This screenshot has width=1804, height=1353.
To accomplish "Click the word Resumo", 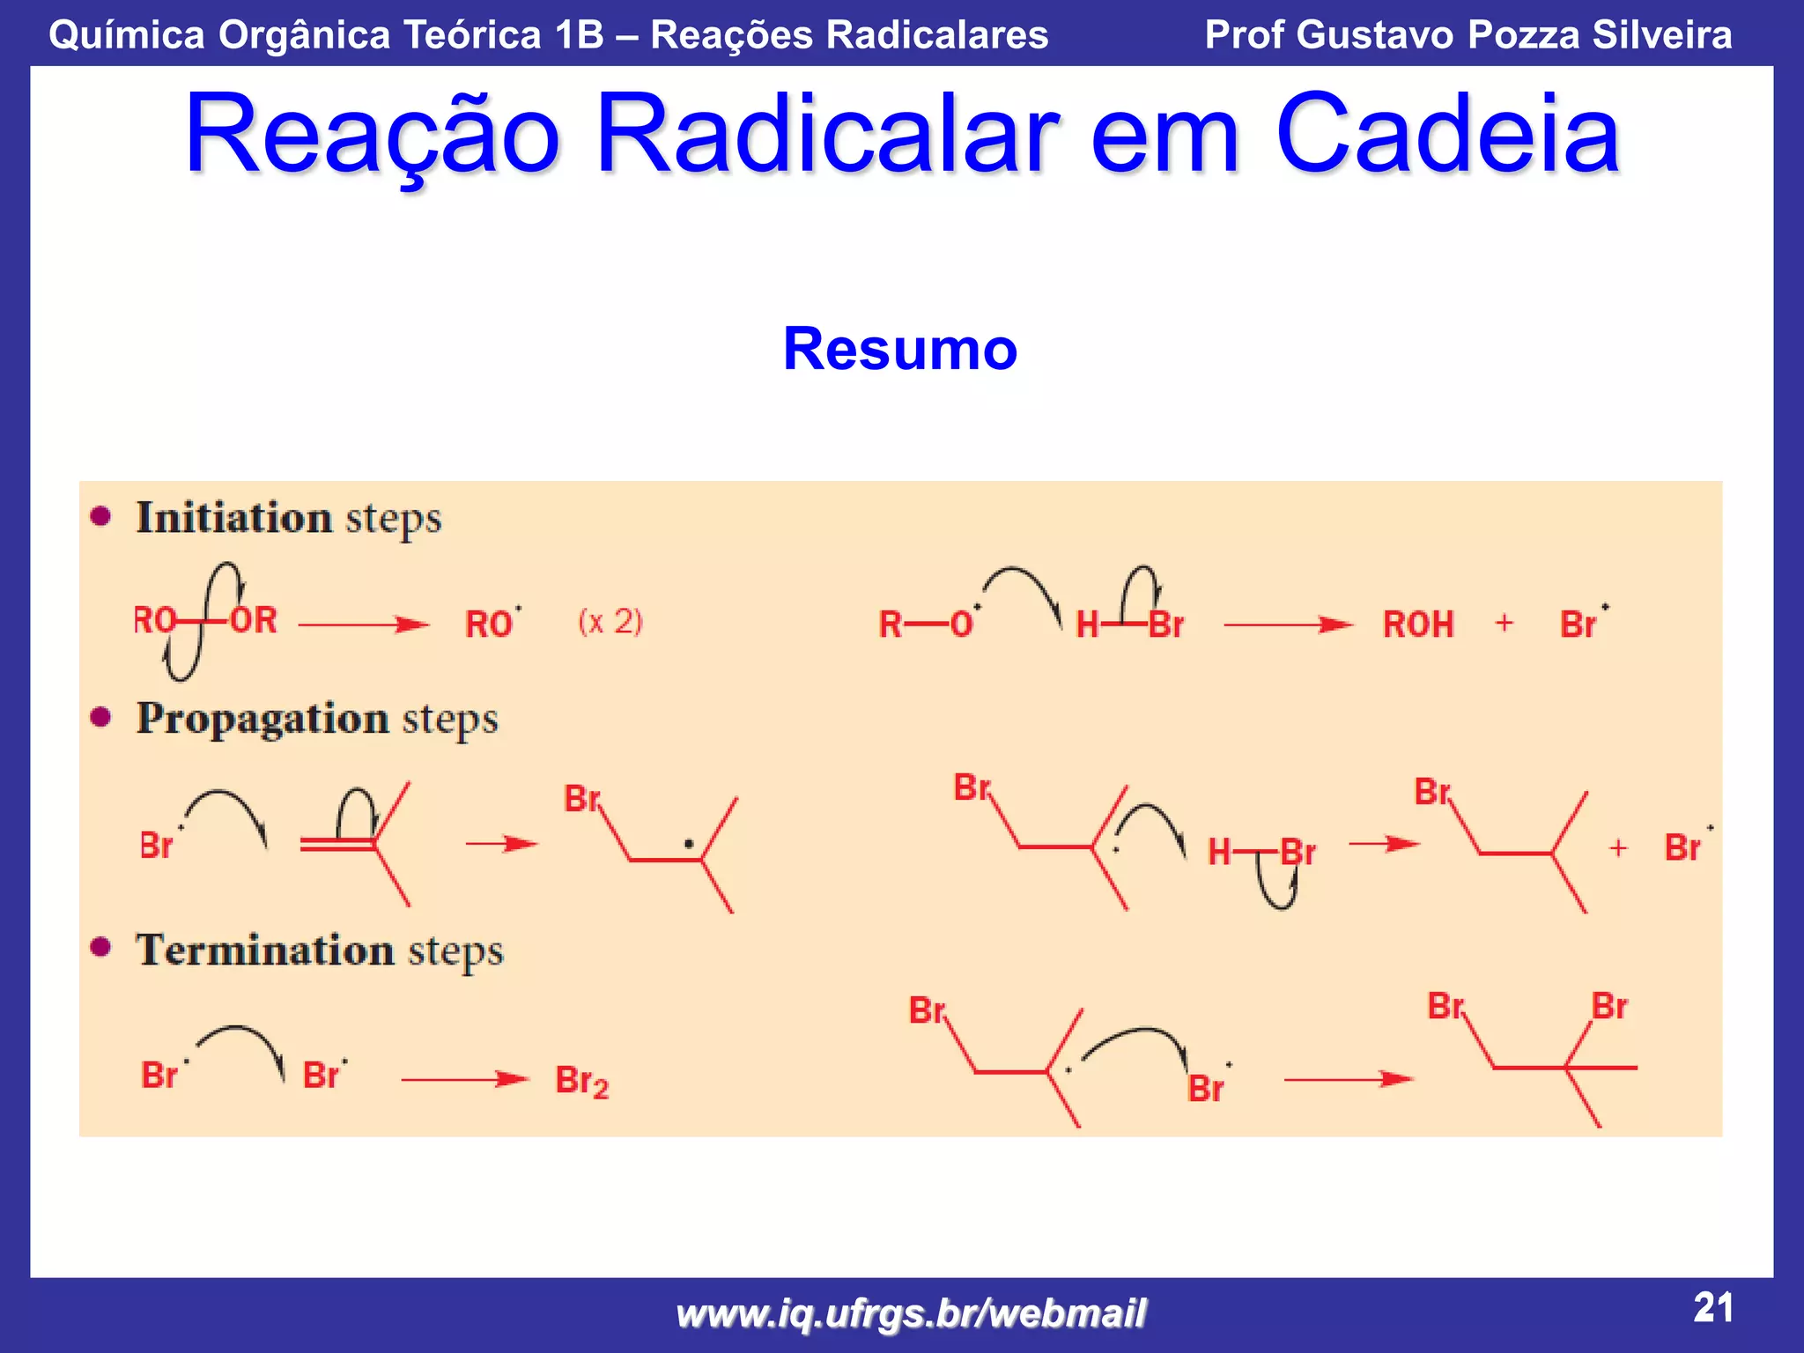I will tap(899, 349).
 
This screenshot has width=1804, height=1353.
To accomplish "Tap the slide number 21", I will tap(1712, 1307).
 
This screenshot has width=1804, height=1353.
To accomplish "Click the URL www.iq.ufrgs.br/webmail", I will tap(911, 1313).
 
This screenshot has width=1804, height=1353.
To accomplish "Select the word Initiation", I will tap(233, 517).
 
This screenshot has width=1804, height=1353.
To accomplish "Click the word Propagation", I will tap(262, 718).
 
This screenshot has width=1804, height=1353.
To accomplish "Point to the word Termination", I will tap(264, 950).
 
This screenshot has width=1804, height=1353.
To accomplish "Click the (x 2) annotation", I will tap(610, 622).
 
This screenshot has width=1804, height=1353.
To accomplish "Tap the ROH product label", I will tap(1418, 625).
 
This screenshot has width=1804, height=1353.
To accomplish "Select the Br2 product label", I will tap(581, 1081).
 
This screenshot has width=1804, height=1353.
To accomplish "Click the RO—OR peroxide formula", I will tap(205, 621).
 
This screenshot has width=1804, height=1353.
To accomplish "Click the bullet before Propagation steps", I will tap(101, 717).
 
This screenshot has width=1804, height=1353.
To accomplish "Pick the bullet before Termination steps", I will tap(101, 948).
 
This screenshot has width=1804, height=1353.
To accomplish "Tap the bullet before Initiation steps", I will tap(101, 516).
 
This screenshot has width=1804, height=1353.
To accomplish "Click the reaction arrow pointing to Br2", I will tap(464, 1079).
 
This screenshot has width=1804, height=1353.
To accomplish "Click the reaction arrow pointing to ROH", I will tap(1287, 625).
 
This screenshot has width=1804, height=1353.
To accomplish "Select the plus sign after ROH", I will tap(1505, 623).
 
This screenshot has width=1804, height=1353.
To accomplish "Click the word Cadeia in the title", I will tap(1446, 134).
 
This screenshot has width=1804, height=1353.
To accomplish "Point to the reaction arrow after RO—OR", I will tap(363, 625).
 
